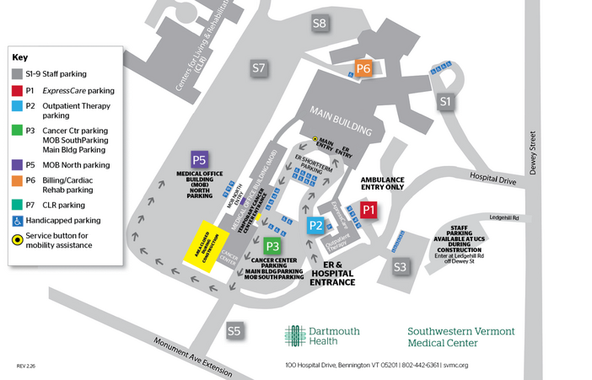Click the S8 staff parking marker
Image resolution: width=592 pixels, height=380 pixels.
coord(319,23)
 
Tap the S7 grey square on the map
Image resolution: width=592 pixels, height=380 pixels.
coord(259,67)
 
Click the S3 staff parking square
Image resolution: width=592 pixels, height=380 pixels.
coord(400,267)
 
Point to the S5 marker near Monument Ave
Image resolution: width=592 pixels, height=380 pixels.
coord(234,331)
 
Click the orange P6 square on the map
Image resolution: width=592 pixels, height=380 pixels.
coord(363,68)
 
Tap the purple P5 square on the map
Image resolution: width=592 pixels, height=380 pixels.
coord(199,159)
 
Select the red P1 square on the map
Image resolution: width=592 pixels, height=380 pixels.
coord(368,210)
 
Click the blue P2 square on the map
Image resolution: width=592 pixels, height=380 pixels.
coord(315,225)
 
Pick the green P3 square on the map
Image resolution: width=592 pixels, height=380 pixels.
coord(272,246)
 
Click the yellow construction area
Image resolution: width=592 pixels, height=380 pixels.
coord(202,244)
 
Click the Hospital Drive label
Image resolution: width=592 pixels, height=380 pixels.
coord(493,179)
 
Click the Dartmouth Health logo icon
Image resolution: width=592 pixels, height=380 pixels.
coord(294,335)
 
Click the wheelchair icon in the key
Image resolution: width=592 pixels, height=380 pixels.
coord(17,220)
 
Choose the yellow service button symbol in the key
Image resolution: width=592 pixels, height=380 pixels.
coord(17,239)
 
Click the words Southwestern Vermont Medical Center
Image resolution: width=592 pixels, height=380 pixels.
coord(460,337)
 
